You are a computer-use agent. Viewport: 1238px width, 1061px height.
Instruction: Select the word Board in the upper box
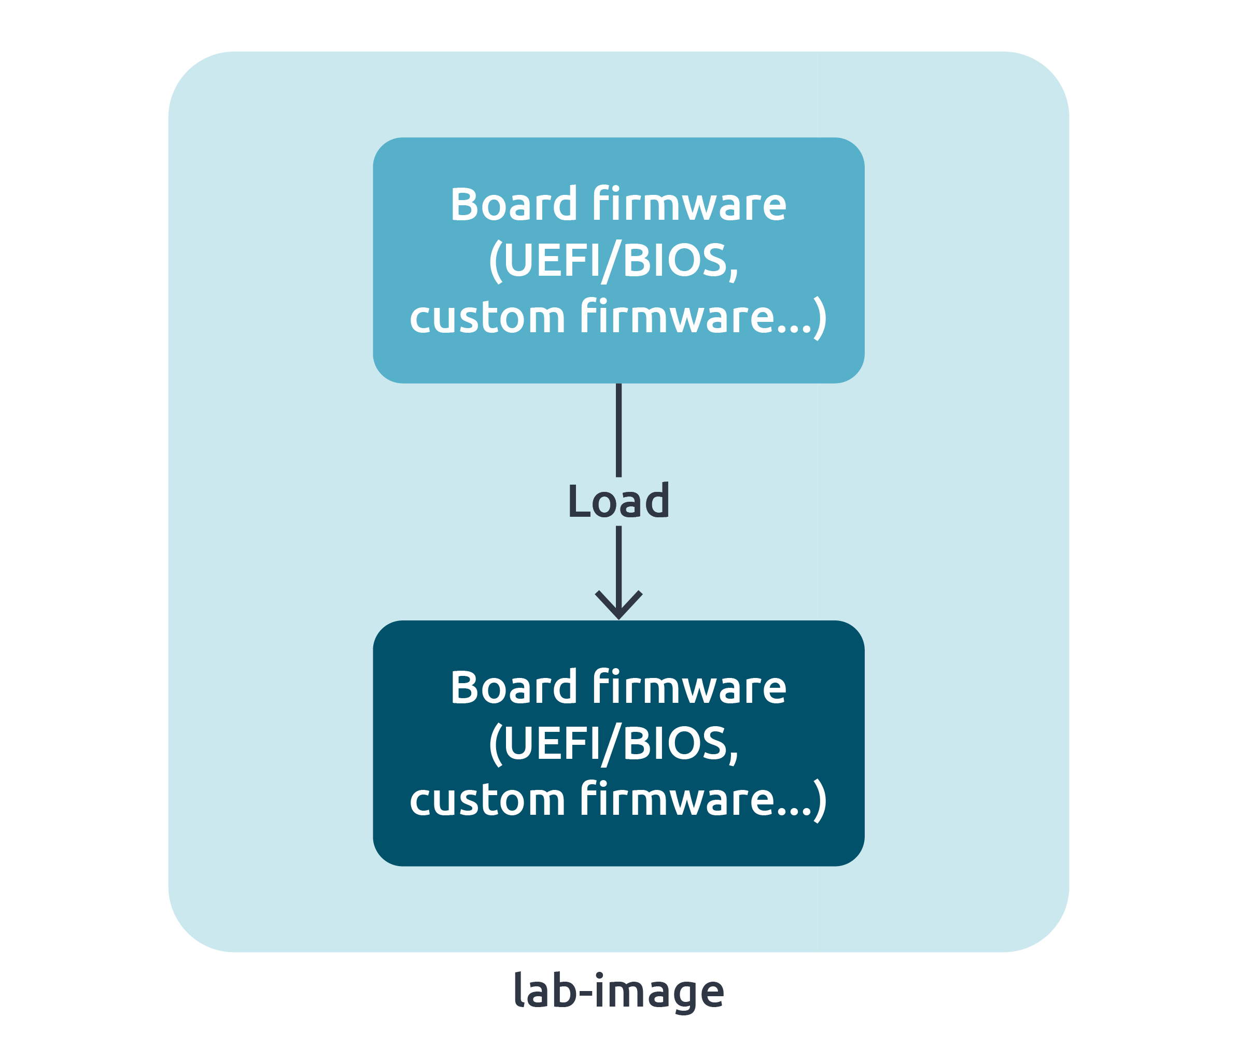[x=513, y=204]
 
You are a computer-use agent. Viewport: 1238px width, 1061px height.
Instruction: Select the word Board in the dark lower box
[x=513, y=688]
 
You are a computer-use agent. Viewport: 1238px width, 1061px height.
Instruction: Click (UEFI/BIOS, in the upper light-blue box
[x=614, y=261]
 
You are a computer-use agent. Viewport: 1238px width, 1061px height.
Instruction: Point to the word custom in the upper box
[x=487, y=317]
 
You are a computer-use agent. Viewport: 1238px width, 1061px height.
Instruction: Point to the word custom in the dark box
[x=487, y=800]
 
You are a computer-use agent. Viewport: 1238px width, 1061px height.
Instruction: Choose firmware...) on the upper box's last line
[x=702, y=317]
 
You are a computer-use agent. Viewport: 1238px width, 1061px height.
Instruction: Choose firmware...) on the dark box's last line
[x=702, y=800]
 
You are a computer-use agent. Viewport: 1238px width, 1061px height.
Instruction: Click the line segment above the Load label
[x=618, y=430]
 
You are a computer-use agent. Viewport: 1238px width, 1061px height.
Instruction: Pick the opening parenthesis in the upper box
[x=495, y=262]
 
